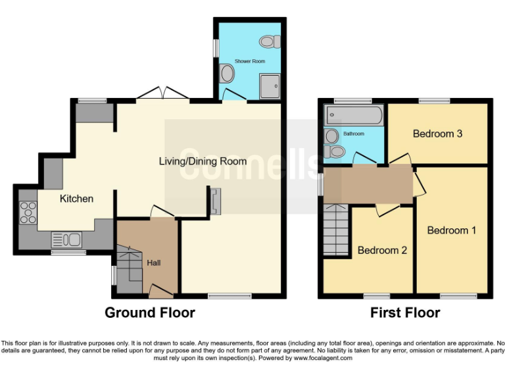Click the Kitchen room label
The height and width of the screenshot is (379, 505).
click(x=77, y=198)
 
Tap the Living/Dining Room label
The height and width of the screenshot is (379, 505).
click(x=203, y=161)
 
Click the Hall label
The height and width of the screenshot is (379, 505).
click(x=153, y=263)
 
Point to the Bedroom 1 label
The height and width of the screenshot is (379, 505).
click(x=452, y=230)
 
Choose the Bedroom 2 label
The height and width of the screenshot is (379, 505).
click(x=382, y=250)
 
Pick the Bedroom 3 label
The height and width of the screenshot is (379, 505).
click(x=437, y=134)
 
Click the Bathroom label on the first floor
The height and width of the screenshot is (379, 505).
click(x=354, y=134)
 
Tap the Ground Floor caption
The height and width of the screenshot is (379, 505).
click(x=150, y=313)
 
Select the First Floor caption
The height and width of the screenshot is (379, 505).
click(x=405, y=313)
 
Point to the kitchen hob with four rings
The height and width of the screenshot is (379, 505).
click(x=30, y=213)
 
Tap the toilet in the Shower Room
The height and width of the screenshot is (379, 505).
click(x=268, y=41)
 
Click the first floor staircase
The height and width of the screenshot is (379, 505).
click(x=335, y=230)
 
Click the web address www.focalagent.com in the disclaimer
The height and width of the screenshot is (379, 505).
click(x=323, y=358)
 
